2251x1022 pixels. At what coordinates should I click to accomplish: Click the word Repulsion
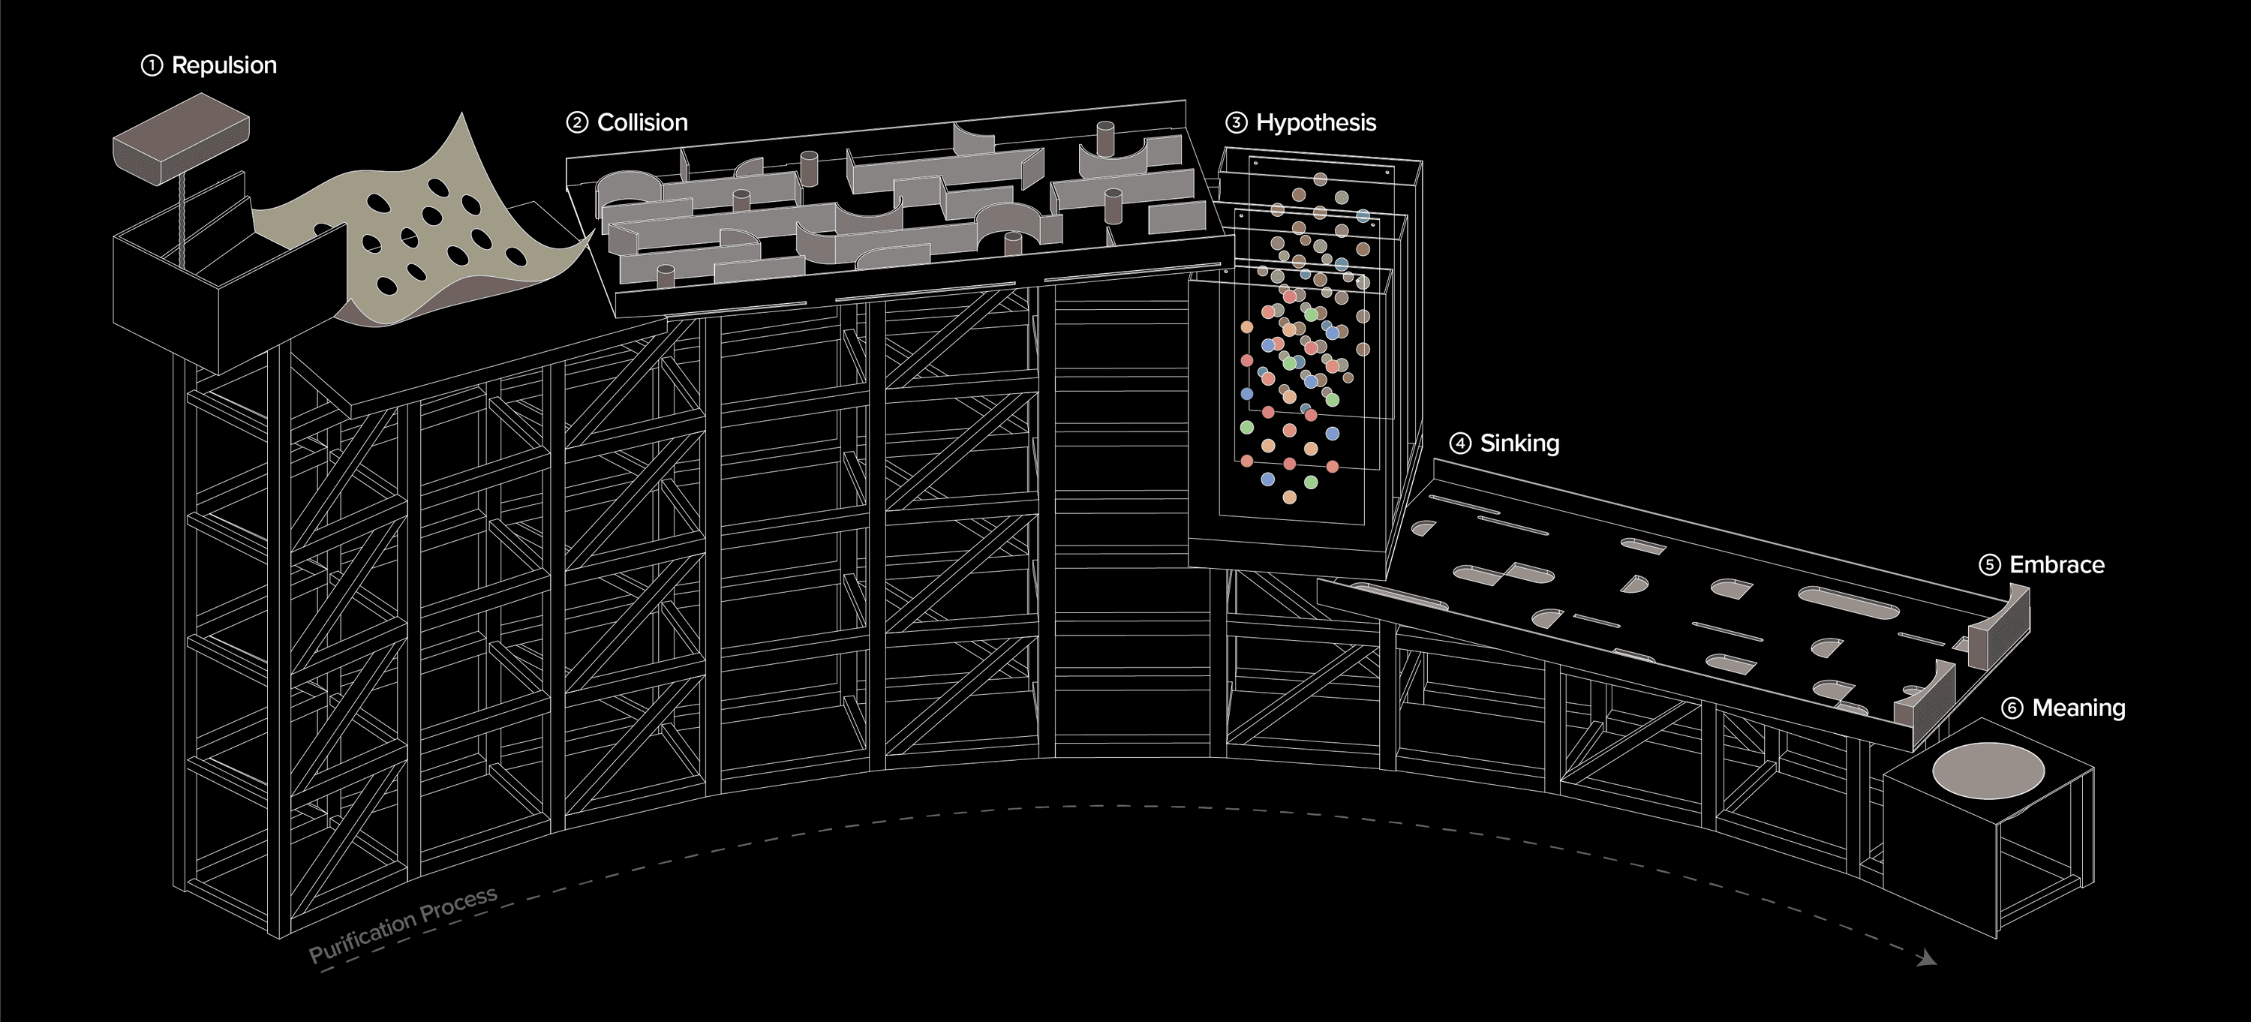(224, 65)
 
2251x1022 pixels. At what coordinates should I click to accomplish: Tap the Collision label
(642, 122)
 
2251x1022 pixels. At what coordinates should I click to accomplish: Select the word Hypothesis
(1316, 122)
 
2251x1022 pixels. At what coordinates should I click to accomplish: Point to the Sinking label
(1519, 443)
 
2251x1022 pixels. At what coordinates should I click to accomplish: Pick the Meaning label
(2079, 708)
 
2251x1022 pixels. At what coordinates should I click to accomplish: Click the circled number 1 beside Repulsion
(152, 65)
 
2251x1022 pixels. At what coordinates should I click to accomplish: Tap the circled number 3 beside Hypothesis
(1237, 122)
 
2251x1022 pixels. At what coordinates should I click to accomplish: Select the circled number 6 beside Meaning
(2012, 708)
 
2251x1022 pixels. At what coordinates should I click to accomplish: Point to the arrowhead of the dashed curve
(1926, 959)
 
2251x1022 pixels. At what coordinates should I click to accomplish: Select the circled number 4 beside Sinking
(1460, 443)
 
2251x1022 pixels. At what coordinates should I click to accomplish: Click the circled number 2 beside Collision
(577, 122)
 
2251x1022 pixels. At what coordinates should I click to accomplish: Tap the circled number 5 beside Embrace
(1990, 565)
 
